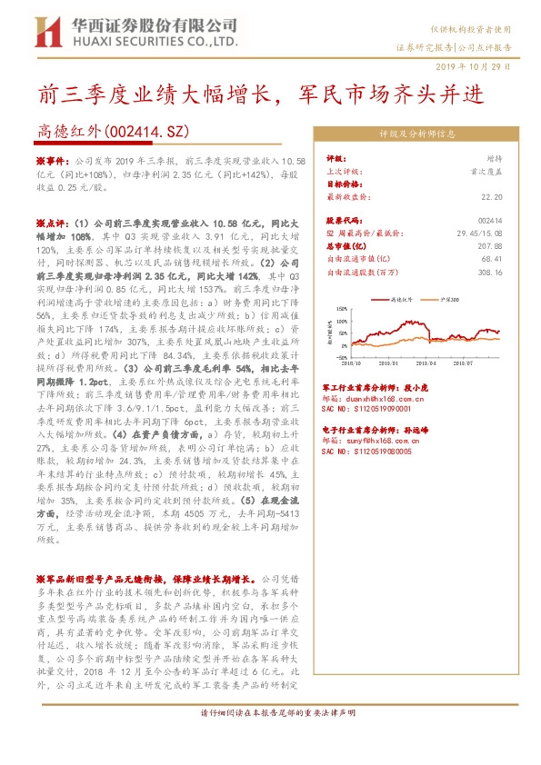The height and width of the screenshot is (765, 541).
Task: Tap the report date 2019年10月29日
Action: click(487, 67)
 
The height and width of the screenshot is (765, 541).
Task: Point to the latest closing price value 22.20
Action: click(492, 195)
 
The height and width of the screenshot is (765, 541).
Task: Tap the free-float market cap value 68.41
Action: click(492, 258)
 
